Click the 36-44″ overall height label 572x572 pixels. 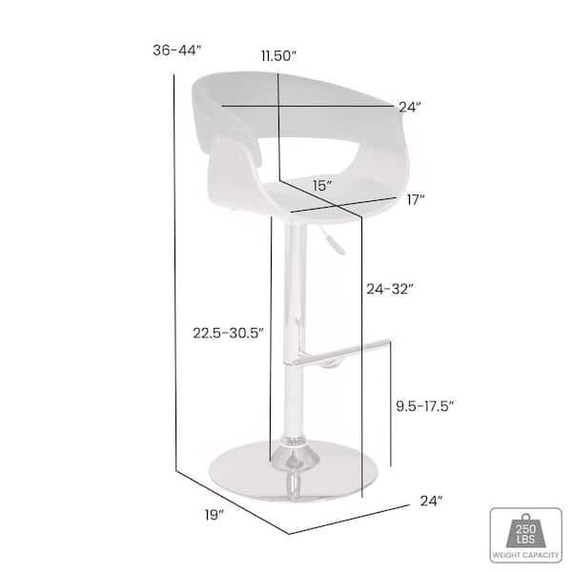(177, 50)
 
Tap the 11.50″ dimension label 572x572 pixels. (278, 56)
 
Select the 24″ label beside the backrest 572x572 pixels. (410, 107)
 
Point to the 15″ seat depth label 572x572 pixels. (322, 186)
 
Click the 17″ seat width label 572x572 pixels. (416, 200)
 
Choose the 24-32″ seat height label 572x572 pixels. (390, 289)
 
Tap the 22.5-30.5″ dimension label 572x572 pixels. (229, 333)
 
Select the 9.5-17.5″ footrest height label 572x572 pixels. (425, 406)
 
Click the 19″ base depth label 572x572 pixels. (214, 515)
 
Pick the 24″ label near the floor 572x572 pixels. (431, 501)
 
